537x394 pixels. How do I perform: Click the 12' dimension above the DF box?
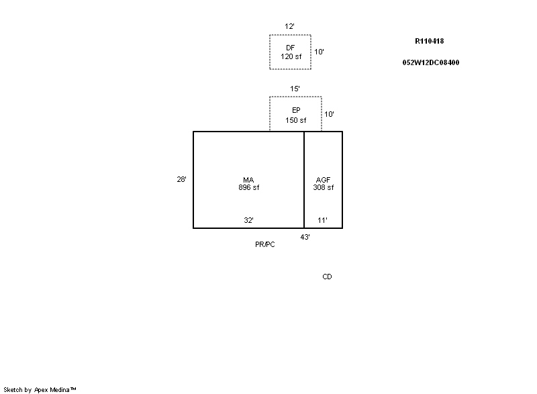289,26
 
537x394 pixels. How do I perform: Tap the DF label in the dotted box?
290,48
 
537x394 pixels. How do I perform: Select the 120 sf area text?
291,56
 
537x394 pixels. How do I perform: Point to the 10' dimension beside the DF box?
320,52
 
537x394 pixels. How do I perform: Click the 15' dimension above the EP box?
295,89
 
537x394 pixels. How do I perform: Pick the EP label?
296,110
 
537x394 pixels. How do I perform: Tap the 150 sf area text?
296,120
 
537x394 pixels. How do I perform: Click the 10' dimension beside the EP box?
329,114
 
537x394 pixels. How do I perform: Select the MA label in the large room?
248,180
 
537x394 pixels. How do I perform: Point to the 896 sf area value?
249,187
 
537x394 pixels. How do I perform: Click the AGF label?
323,180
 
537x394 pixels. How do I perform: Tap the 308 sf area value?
324,187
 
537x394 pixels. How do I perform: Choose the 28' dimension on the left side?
181,179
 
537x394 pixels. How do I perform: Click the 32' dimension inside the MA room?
248,220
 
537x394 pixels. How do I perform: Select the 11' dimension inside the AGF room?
322,220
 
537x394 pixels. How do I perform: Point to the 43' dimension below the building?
305,237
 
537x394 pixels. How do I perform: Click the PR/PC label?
265,245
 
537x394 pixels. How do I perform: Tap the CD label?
327,277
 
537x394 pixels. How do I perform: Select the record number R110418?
430,41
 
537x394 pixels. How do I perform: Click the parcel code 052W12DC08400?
431,62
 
